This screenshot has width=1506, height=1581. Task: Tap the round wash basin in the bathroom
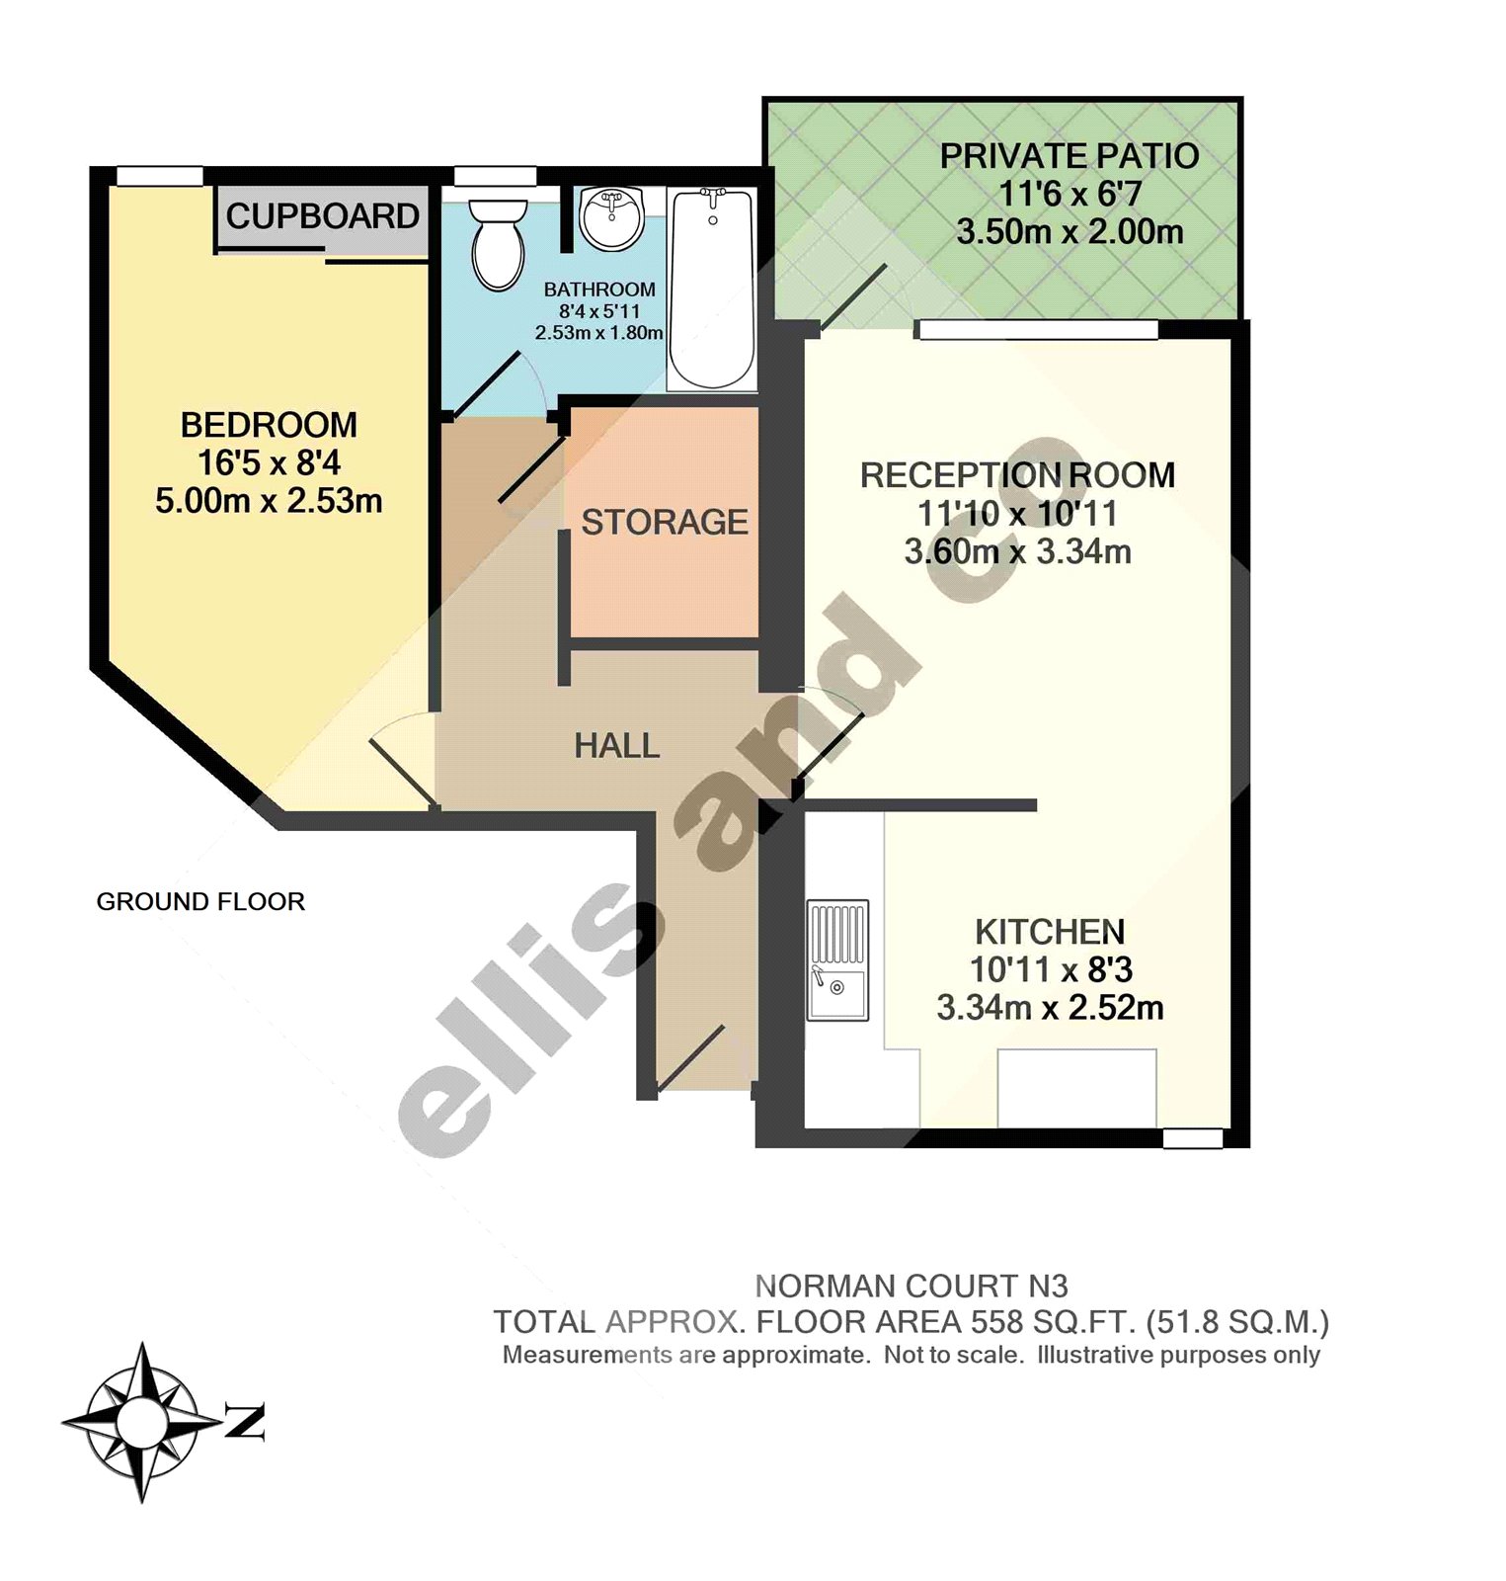point(611,218)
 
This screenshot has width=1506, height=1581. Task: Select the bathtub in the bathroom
point(712,289)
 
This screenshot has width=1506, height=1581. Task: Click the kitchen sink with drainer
point(837,959)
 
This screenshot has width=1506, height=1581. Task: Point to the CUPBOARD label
point(322,216)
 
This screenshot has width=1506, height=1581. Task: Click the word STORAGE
point(664,522)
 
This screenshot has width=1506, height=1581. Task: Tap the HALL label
point(617,746)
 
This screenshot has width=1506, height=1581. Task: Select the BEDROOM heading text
point(269,425)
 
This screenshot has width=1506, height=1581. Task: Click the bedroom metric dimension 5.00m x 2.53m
point(269,501)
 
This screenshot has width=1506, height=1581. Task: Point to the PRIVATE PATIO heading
point(1069,156)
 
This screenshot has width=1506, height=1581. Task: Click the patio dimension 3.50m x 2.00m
point(1069,232)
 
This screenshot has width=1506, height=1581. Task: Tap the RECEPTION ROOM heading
point(1017,475)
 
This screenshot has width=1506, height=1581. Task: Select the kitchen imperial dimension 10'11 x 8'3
point(1050,969)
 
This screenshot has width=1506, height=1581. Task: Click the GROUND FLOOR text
point(200,901)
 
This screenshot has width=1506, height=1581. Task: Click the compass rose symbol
point(142,1422)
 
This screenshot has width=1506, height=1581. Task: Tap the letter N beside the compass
point(244,1422)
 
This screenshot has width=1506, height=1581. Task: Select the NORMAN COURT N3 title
point(911,1286)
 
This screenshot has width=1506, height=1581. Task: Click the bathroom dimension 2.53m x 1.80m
point(598,333)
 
